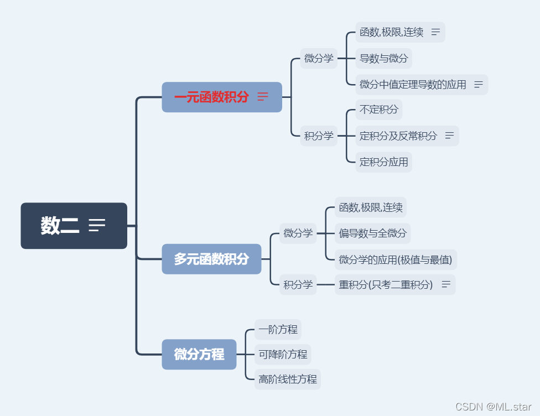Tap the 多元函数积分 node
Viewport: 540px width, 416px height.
pyautogui.click(x=211, y=259)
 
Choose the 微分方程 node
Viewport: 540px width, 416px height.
pyautogui.click(x=199, y=354)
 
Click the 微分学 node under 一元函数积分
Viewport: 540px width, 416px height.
pyautogui.click(x=319, y=58)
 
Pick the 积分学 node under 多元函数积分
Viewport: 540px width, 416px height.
pyautogui.click(x=298, y=285)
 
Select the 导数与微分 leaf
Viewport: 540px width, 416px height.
pyautogui.click(x=383, y=58)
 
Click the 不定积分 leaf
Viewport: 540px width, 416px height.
pyautogui.click(x=378, y=110)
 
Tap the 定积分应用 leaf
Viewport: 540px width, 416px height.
pyautogui.click(x=383, y=162)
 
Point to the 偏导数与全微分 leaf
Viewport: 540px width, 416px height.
pyautogui.click(x=373, y=233)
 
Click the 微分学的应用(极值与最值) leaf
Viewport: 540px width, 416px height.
pyautogui.click(x=396, y=259)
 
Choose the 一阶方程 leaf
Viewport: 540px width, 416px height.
pyautogui.click(x=278, y=330)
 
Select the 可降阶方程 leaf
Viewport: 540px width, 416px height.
pyautogui.click(x=283, y=354)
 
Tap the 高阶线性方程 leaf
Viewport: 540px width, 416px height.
pyautogui.click(x=288, y=379)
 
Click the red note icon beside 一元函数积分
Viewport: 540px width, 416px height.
pyautogui.click(x=263, y=97)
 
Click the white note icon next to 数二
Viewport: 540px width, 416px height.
pyautogui.click(x=97, y=225)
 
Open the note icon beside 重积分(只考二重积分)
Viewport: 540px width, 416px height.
pyautogui.click(x=445, y=285)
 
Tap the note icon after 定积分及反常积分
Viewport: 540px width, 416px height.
pyautogui.click(x=449, y=136)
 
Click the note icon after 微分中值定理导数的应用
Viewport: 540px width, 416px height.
pyautogui.click(x=479, y=85)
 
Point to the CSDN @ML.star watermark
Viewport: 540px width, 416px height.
pyautogui.click(x=494, y=407)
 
